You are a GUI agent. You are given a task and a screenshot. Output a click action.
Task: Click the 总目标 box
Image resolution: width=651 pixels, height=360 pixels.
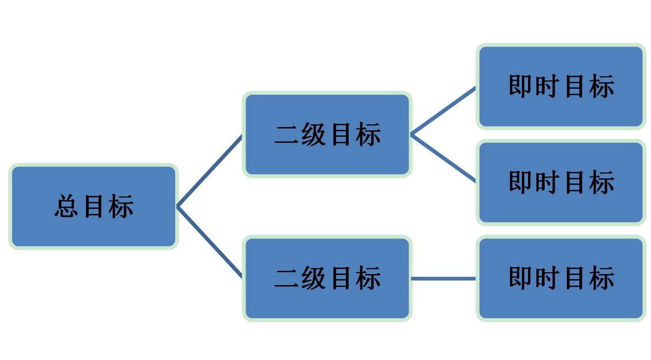pos(93,206)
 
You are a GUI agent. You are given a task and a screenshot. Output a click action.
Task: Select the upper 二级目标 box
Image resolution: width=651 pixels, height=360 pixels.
pos(327,134)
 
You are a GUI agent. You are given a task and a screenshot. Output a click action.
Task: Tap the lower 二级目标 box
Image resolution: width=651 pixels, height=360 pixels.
pos(327,278)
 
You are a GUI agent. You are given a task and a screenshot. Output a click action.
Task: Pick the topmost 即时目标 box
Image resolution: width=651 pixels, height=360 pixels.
pos(561,86)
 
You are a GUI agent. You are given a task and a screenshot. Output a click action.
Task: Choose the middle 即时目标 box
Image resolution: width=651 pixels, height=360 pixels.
pos(561,183)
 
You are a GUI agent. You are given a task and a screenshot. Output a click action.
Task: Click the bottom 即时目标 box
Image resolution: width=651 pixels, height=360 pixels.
pos(561,278)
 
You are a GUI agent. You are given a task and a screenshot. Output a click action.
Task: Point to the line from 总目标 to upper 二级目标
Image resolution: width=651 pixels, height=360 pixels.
pos(209,171)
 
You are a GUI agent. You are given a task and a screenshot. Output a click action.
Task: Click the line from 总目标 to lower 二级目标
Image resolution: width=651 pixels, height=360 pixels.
pos(209,242)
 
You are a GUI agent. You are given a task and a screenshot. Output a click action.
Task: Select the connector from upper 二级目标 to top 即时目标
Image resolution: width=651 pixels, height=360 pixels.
pos(443,111)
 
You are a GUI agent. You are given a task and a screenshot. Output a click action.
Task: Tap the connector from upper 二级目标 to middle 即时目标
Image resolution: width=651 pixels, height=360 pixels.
pos(443,158)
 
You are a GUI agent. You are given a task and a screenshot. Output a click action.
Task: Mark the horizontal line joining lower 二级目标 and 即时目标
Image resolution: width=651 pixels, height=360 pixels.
pos(443,279)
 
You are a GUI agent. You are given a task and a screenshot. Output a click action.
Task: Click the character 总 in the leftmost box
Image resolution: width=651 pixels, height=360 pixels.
pos(66,206)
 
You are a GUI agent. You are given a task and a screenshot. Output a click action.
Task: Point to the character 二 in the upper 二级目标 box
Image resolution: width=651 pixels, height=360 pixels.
pos(286,134)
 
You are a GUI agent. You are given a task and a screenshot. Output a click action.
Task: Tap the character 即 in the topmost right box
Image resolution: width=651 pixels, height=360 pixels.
pos(520,86)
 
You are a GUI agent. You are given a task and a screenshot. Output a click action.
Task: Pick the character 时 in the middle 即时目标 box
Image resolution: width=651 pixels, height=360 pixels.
pos(547,182)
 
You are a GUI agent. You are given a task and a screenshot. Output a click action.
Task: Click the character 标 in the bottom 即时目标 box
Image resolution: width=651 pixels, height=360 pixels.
pos(602,278)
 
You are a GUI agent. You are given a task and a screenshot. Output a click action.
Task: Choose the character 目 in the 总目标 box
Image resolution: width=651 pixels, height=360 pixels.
pos(93,206)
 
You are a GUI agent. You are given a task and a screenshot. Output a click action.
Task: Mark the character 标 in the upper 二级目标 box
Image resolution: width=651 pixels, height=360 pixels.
pos(368,134)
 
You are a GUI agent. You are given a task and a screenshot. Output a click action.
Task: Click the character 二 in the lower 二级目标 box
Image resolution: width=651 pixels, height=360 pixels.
pos(286,278)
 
